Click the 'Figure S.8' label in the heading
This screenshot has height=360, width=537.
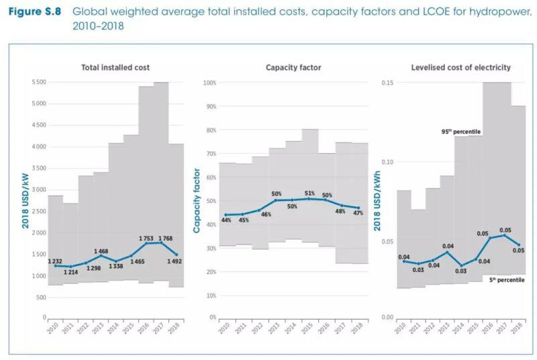coord(36,11)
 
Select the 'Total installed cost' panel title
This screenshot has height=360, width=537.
coord(115,68)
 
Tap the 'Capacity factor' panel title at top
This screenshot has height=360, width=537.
coord(293,68)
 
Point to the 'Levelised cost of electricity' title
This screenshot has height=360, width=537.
coord(460,68)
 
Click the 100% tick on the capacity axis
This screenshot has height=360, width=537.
coord(209,83)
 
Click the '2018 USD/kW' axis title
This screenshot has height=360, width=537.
coord(26,199)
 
